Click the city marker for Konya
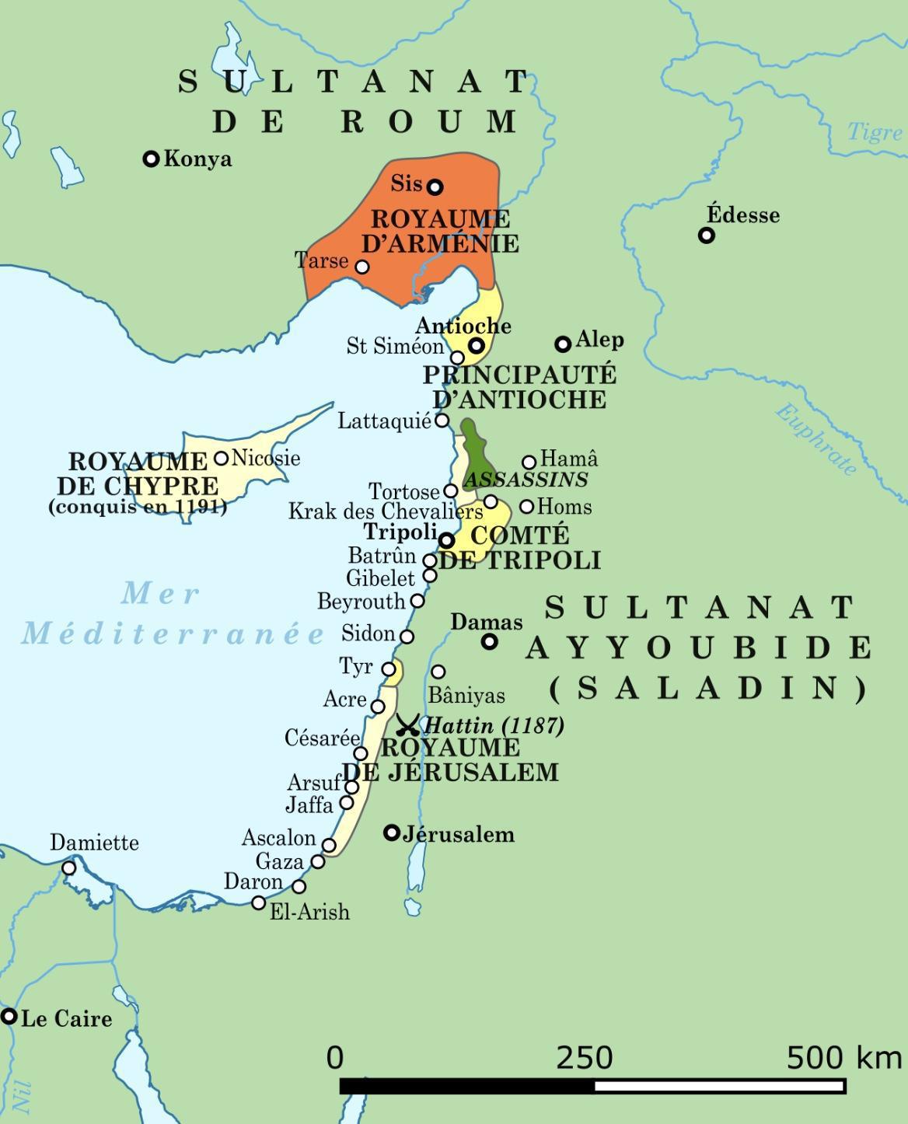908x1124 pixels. click(x=152, y=159)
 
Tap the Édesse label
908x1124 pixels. click(x=742, y=215)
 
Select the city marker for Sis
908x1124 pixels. click(x=435, y=187)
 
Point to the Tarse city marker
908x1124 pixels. click(x=361, y=267)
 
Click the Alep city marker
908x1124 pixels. click(x=563, y=344)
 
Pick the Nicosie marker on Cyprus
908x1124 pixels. click(x=222, y=458)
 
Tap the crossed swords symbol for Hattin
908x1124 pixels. click(x=407, y=725)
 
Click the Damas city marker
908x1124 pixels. click(x=489, y=641)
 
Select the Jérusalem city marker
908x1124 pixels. click(x=392, y=833)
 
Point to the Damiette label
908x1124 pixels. click(x=94, y=843)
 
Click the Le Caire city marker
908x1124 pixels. click(x=9, y=1016)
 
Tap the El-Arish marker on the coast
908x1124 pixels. click(x=259, y=902)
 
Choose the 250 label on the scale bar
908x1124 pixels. click(x=584, y=1058)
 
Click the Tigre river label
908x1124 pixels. click(x=875, y=132)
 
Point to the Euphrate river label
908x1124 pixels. click(x=816, y=439)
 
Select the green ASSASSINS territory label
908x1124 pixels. click(x=526, y=479)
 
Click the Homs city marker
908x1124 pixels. click(x=526, y=507)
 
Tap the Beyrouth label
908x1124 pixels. click(x=361, y=602)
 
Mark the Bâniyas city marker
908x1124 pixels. click(x=438, y=672)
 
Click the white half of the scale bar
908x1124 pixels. click(x=719, y=1086)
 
